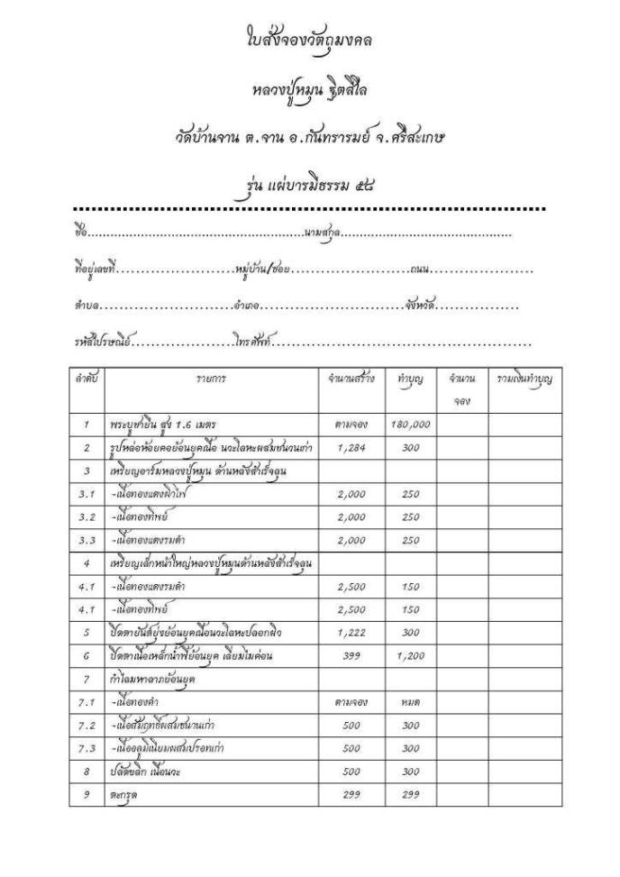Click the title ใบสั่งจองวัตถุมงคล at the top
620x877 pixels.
309,41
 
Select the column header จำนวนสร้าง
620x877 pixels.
352,379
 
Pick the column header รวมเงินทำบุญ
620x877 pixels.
524,379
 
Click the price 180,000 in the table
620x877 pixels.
411,424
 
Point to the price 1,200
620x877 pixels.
411,657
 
